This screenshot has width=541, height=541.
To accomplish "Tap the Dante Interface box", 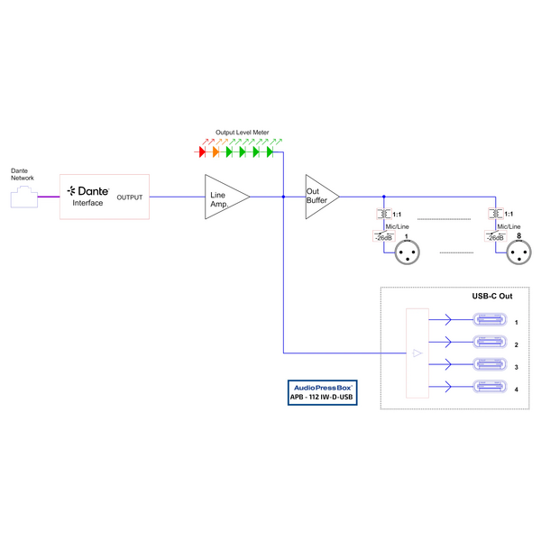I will tap(105, 196).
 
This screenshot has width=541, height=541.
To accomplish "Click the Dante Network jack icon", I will tap(22, 196).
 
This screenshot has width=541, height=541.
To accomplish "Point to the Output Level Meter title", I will tap(242, 133).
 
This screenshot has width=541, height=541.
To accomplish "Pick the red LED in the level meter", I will tap(202, 152).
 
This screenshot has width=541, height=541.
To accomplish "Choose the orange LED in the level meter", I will tap(215, 152).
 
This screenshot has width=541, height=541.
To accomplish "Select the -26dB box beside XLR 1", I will tap(383, 237).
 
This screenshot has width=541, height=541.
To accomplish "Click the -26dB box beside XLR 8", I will tap(495, 237).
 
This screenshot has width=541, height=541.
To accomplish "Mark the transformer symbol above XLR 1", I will tap(383, 214).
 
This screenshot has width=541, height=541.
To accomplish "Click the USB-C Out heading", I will tap(492, 296).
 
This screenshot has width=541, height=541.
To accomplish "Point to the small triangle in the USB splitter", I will tap(417, 353).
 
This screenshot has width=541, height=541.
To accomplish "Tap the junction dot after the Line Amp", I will tap(283, 196).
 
